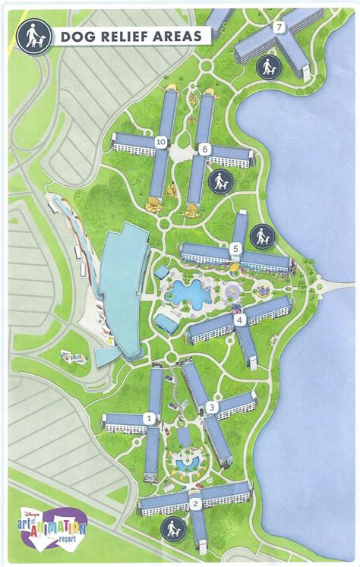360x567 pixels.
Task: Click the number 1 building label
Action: coord(150,417)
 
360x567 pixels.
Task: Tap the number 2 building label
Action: coord(194,503)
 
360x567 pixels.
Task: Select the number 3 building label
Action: coord(211,408)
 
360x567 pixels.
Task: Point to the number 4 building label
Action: coord(240,320)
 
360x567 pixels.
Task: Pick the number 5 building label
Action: coord(236,247)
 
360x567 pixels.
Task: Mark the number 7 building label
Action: coord(279,27)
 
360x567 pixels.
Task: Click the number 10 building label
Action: coord(160,141)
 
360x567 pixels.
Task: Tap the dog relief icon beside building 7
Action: coord(267,68)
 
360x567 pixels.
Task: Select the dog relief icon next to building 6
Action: coord(219,182)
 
